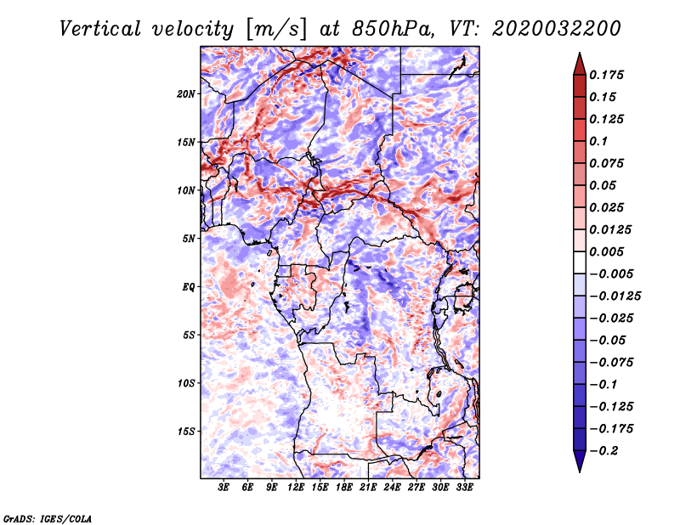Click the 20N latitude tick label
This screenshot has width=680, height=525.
pyautogui.click(x=185, y=94)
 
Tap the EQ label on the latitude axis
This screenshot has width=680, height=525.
pyautogui.click(x=188, y=287)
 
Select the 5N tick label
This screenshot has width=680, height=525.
pyautogui.click(x=189, y=239)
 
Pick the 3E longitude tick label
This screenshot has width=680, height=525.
pyautogui.click(x=224, y=488)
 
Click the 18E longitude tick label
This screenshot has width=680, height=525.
pyautogui.click(x=344, y=488)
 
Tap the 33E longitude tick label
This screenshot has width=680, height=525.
pyautogui.click(x=464, y=488)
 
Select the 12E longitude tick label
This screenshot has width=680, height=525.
pyautogui.click(x=296, y=488)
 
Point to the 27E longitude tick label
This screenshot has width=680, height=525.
pyautogui.click(x=416, y=488)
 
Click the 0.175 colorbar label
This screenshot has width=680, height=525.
pyautogui.click(x=606, y=75)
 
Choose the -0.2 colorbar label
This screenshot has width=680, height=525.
pyautogui.click(x=603, y=451)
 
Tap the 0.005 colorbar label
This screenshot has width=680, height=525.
pyautogui.click(x=606, y=251)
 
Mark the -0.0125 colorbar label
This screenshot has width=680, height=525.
pyautogui.click(x=615, y=296)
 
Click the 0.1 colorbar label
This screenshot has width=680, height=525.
pyautogui.click(x=598, y=141)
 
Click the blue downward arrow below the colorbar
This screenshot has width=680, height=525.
pyautogui.click(x=580, y=460)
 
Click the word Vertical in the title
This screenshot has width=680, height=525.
pyautogui.click(x=100, y=29)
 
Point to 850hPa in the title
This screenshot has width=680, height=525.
pyautogui.click(x=394, y=29)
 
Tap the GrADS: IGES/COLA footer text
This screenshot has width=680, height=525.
pyautogui.click(x=48, y=519)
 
